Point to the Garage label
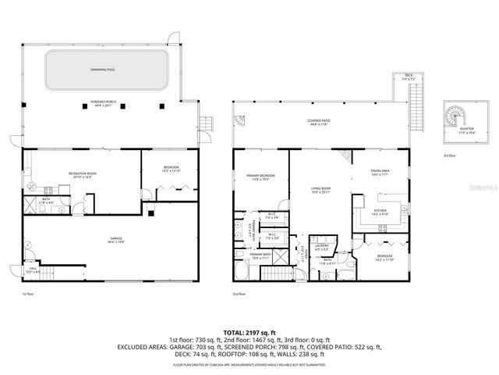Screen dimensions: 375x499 tap(115, 241)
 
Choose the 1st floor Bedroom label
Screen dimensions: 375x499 tap(171, 167)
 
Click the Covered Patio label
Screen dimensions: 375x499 tap(320, 122)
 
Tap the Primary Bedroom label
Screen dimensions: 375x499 tap(258, 177)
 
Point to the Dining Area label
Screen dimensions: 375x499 tap(380, 173)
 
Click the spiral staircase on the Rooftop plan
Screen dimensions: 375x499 tap(454, 118)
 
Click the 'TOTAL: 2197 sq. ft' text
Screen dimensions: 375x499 tap(249, 331)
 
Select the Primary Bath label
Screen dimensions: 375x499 tap(260, 255)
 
